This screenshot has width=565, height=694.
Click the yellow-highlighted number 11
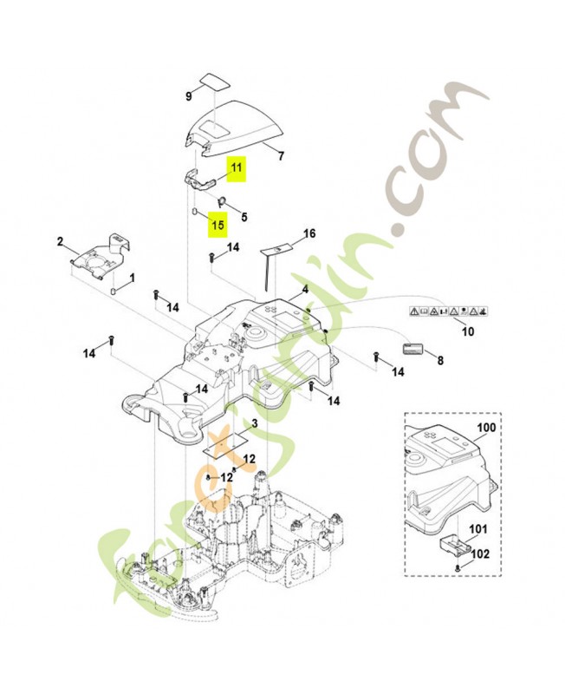[x=237, y=169]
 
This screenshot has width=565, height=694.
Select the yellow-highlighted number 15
[x=217, y=225]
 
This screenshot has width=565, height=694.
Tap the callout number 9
[x=188, y=96]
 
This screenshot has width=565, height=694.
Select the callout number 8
[x=439, y=360]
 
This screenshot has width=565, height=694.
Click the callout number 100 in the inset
[x=487, y=428]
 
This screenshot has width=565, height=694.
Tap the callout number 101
[x=478, y=529]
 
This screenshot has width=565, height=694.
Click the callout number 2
[x=60, y=240]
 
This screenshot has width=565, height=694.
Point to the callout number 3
[x=254, y=424]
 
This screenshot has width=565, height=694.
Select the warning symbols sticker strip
[x=448, y=310]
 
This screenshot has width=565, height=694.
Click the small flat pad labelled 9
[x=211, y=81]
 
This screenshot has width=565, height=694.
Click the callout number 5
[x=244, y=218]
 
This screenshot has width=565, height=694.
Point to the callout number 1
[x=132, y=278]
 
